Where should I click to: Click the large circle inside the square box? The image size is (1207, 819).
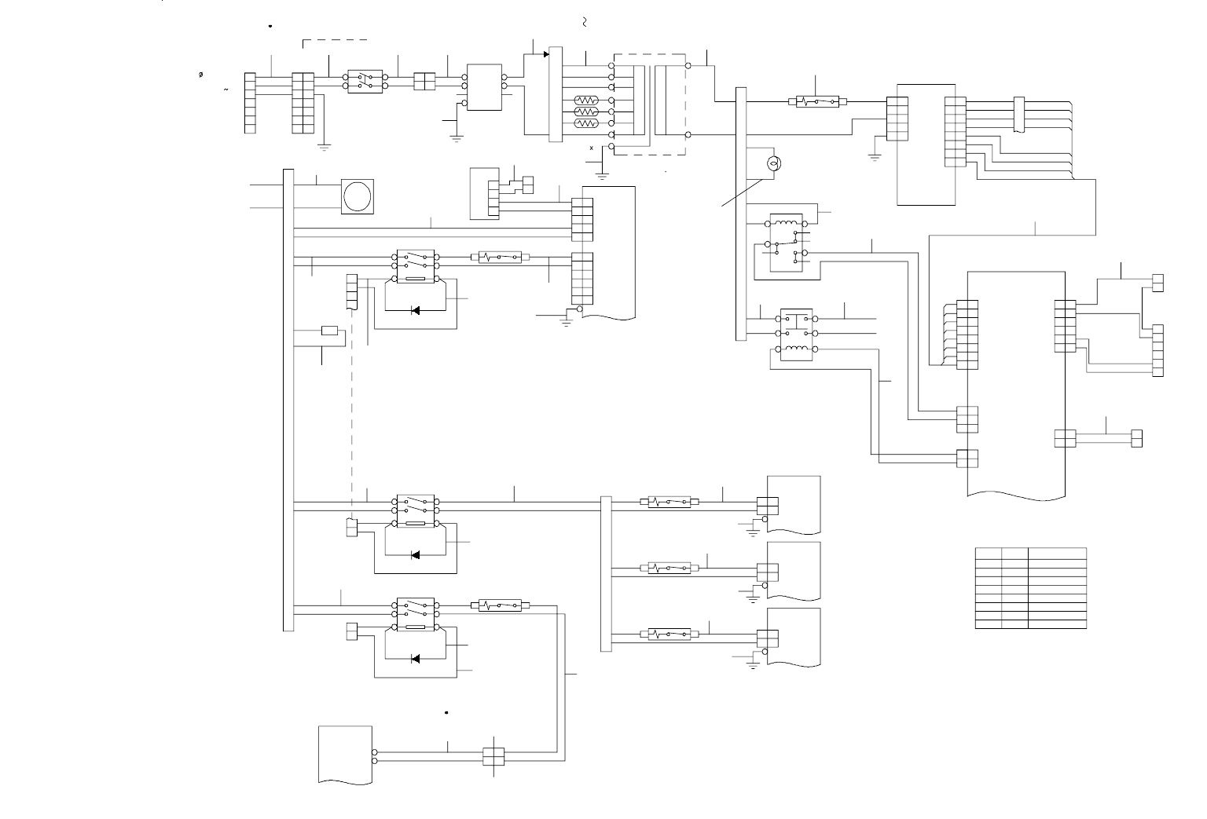coord(358,196)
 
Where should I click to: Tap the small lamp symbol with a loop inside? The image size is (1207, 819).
coord(772,163)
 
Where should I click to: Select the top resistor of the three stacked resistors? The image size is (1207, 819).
coord(586,101)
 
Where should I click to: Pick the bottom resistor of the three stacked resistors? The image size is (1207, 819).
coord(586,123)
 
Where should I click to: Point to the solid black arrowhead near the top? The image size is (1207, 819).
coord(546,54)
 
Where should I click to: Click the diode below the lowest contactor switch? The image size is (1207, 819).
coord(415,658)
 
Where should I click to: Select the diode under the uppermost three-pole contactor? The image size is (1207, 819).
coord(415,310)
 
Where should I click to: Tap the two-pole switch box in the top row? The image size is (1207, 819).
coord(365,82)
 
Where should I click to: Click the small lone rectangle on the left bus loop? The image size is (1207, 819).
coord(330,330)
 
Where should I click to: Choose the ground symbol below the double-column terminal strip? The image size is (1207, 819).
coord(323,146)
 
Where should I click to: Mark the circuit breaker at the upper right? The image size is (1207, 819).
coord(818,101)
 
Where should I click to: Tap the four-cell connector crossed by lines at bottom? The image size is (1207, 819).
coord(493,756)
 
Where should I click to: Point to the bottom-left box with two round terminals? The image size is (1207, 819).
coord(345,755)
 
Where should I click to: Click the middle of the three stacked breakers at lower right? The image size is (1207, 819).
coord(670,568)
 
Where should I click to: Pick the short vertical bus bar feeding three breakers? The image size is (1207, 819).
coord(606,573)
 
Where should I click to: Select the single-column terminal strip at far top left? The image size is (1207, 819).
coord(250,103)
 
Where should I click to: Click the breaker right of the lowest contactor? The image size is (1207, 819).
coord(500,605)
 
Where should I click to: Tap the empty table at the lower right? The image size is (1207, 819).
coord(1031,588)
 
